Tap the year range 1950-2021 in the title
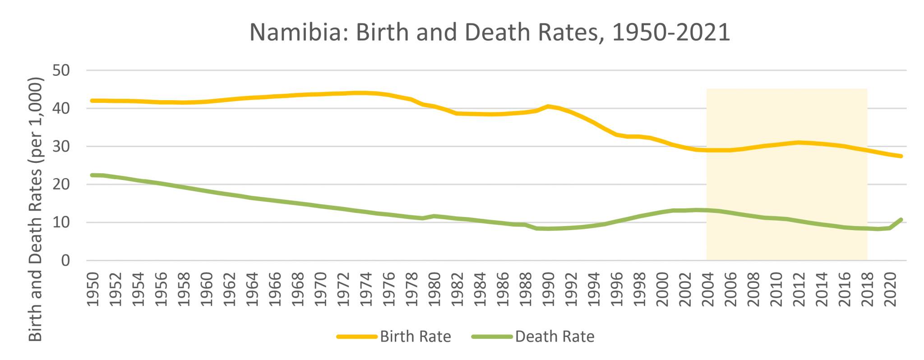pyautogui.click(x=671, y=33)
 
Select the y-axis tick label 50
pyautogui.click(x=61, y=70)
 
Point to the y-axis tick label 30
pyautogui.click(x=61, y=147)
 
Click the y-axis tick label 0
pyautogui.click(x=66, y=261)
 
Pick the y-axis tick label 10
pyautogui.click(x=61, y=222)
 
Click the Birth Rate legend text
pyautogui.click(x=415, y=337)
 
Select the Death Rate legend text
pyautogui.click(x=554, y=337)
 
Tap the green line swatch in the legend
pyautogui.click(x=492, y=337)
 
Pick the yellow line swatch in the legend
pyautogui.click(x=357, y=337)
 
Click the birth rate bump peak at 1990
pyautogui.click(x=548, y=106)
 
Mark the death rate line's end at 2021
pyautogui.click(x=901, y=220)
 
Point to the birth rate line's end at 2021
pyautogui.click(x=901, y=156)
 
